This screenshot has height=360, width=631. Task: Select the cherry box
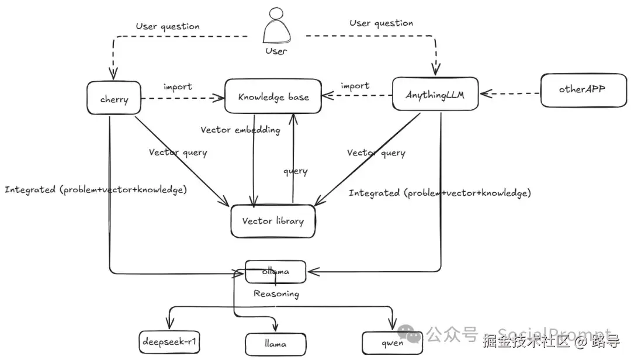click(115, 99)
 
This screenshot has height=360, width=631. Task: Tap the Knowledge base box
click(273, 96)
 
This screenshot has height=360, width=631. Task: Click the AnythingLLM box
click(435, 94)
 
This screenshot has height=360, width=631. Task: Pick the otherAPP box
click(581, 90)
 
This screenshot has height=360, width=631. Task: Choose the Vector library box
click(273, 221)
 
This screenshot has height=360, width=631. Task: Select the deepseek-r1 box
click(170, 342)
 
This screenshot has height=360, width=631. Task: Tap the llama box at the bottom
click(275, 344)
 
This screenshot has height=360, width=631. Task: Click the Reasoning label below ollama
click(276, 294)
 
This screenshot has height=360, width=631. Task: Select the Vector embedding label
click(240, 130)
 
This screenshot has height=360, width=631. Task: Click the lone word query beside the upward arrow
click(296, 171)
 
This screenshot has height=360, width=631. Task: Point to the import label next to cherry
click(178, 86)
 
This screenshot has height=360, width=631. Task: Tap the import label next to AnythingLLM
click(355, 85)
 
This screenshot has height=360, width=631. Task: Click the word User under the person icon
click(276, 51)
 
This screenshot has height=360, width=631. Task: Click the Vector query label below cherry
click(178, 153)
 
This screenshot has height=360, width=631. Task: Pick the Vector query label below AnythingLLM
click(376, 153)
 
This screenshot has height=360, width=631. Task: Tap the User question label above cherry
click(168, 26)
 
